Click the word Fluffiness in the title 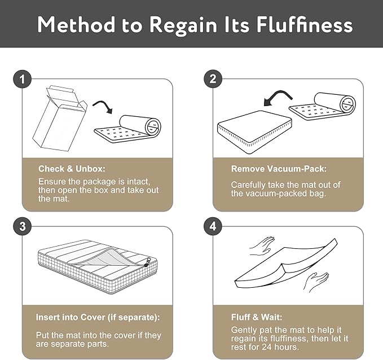pyautogui.click(x=305, y=25)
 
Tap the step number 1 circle pyautogui.click(x=22, y=79)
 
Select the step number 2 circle pyautogui.click(x=213, y=78)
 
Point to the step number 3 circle pyautogui.click(x=22, y=226)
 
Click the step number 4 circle pyautogui.click(x=213, y=226)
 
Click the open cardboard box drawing pyautogui.click(x=60, y=118)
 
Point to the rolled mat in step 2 pyautogui.click(x=323, y=106)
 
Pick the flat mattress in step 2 pyautogui.click(x=254, y=132)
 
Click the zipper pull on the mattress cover pyautogui.click(x=147, y=262)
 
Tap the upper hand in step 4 pyautogui.click(x=261, y=246)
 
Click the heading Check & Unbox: pyautogui.click(x=72, y=169)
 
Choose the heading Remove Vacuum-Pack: pyautogui.click(x=279, y=169)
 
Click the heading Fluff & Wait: pyautogui.click(x=257, y=317)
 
